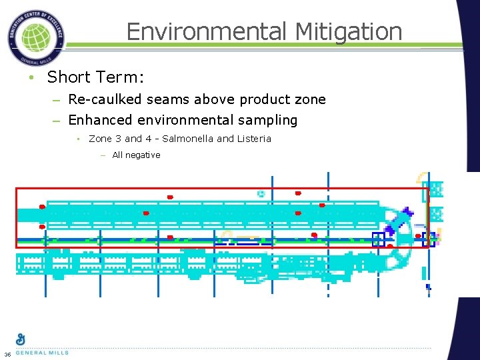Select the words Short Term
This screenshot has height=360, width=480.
point(94,77)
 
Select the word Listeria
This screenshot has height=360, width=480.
point(254,139)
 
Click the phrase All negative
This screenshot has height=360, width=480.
point(136,155)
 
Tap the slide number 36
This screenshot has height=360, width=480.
point(7,353)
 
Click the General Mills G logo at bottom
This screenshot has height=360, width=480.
point(21,339)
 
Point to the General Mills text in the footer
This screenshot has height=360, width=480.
point(41,353)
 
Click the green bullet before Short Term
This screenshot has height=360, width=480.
point(31,78)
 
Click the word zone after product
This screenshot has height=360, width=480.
point(311,99)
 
